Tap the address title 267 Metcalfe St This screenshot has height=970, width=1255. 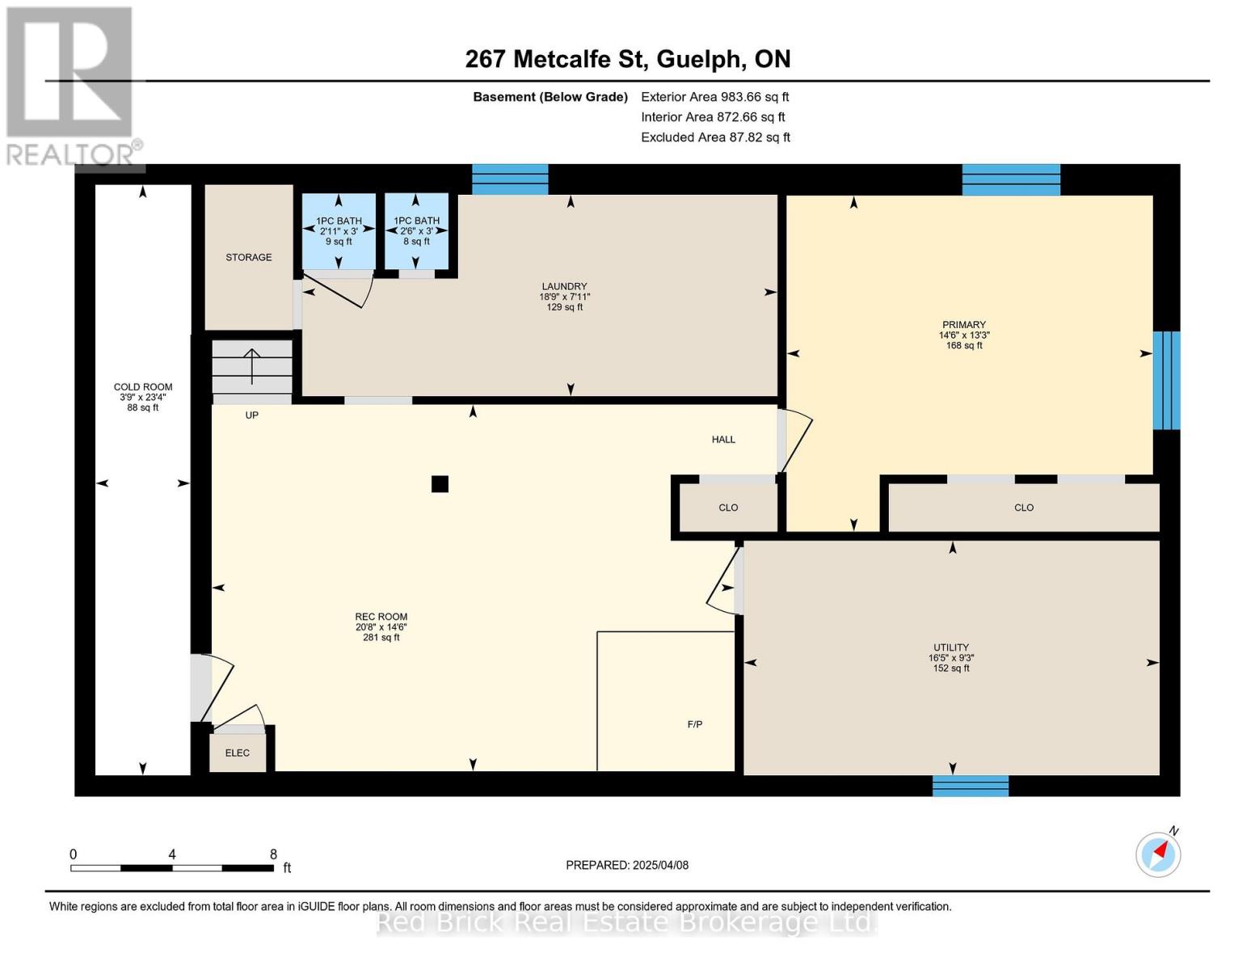627,59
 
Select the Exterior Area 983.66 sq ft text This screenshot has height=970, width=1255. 714,97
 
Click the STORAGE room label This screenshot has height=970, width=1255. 248,257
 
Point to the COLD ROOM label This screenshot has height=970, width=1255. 143,387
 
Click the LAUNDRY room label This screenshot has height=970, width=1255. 564,287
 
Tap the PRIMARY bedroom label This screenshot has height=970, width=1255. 963,325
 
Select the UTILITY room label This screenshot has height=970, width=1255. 950,647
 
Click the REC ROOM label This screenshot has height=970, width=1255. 381,617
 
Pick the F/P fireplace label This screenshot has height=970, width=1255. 694,724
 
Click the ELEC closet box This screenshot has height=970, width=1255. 238,753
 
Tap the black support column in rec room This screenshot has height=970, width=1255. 440,484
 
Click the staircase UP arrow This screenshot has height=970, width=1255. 252,366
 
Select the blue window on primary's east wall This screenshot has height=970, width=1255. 1166,380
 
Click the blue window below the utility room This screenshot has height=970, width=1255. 970,786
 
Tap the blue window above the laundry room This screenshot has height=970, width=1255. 510,179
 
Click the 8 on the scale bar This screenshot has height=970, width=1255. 273,854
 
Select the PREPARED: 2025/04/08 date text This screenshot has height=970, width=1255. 627,865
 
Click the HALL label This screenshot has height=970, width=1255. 723,440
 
